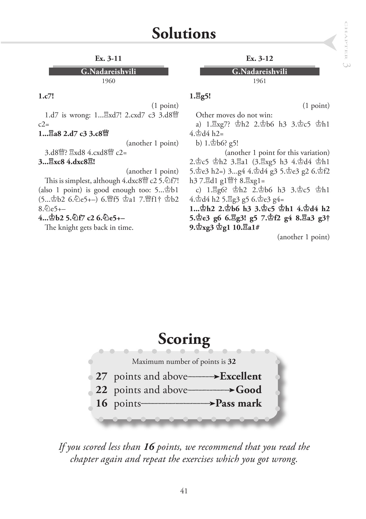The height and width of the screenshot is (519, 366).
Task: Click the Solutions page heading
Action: pos(184,34)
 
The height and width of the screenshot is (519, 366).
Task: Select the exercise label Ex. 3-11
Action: pos(108,58)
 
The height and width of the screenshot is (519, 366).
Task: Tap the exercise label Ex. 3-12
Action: pos(259,58)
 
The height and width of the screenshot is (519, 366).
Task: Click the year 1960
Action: pos(108,81)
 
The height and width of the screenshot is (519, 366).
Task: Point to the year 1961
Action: pos(259,81)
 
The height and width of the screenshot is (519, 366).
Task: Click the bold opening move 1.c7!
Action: pos(46,96)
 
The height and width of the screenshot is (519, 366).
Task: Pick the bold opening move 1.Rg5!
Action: pos(200,96)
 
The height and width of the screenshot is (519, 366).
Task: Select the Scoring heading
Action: pos(184,339)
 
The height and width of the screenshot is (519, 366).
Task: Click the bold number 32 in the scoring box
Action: pos(232,361)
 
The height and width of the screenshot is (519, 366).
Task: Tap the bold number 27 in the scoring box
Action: pos(101,376)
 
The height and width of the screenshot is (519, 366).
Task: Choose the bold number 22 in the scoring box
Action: pos(101,390)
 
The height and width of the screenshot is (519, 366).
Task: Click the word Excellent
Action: pos(241,376)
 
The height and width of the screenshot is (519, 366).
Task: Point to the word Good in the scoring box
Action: pos(249,390)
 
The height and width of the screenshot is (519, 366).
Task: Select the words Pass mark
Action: pos(239,403)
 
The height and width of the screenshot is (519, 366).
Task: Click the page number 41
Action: pos(184,491)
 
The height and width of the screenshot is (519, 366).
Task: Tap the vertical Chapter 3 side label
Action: pos(346,45)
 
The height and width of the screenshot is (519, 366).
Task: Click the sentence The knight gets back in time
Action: pos(89,227)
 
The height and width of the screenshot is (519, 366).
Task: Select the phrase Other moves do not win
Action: pos(234,115)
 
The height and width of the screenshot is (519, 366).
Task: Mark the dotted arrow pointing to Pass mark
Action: pos(178,404)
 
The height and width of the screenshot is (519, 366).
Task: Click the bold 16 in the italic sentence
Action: pos(149,447)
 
